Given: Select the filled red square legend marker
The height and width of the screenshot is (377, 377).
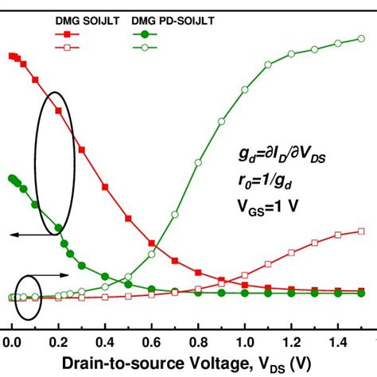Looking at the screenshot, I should (67, 35).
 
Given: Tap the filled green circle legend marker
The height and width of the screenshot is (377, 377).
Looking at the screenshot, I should (144, 35).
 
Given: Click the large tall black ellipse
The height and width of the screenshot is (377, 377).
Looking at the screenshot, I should (54, 163).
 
